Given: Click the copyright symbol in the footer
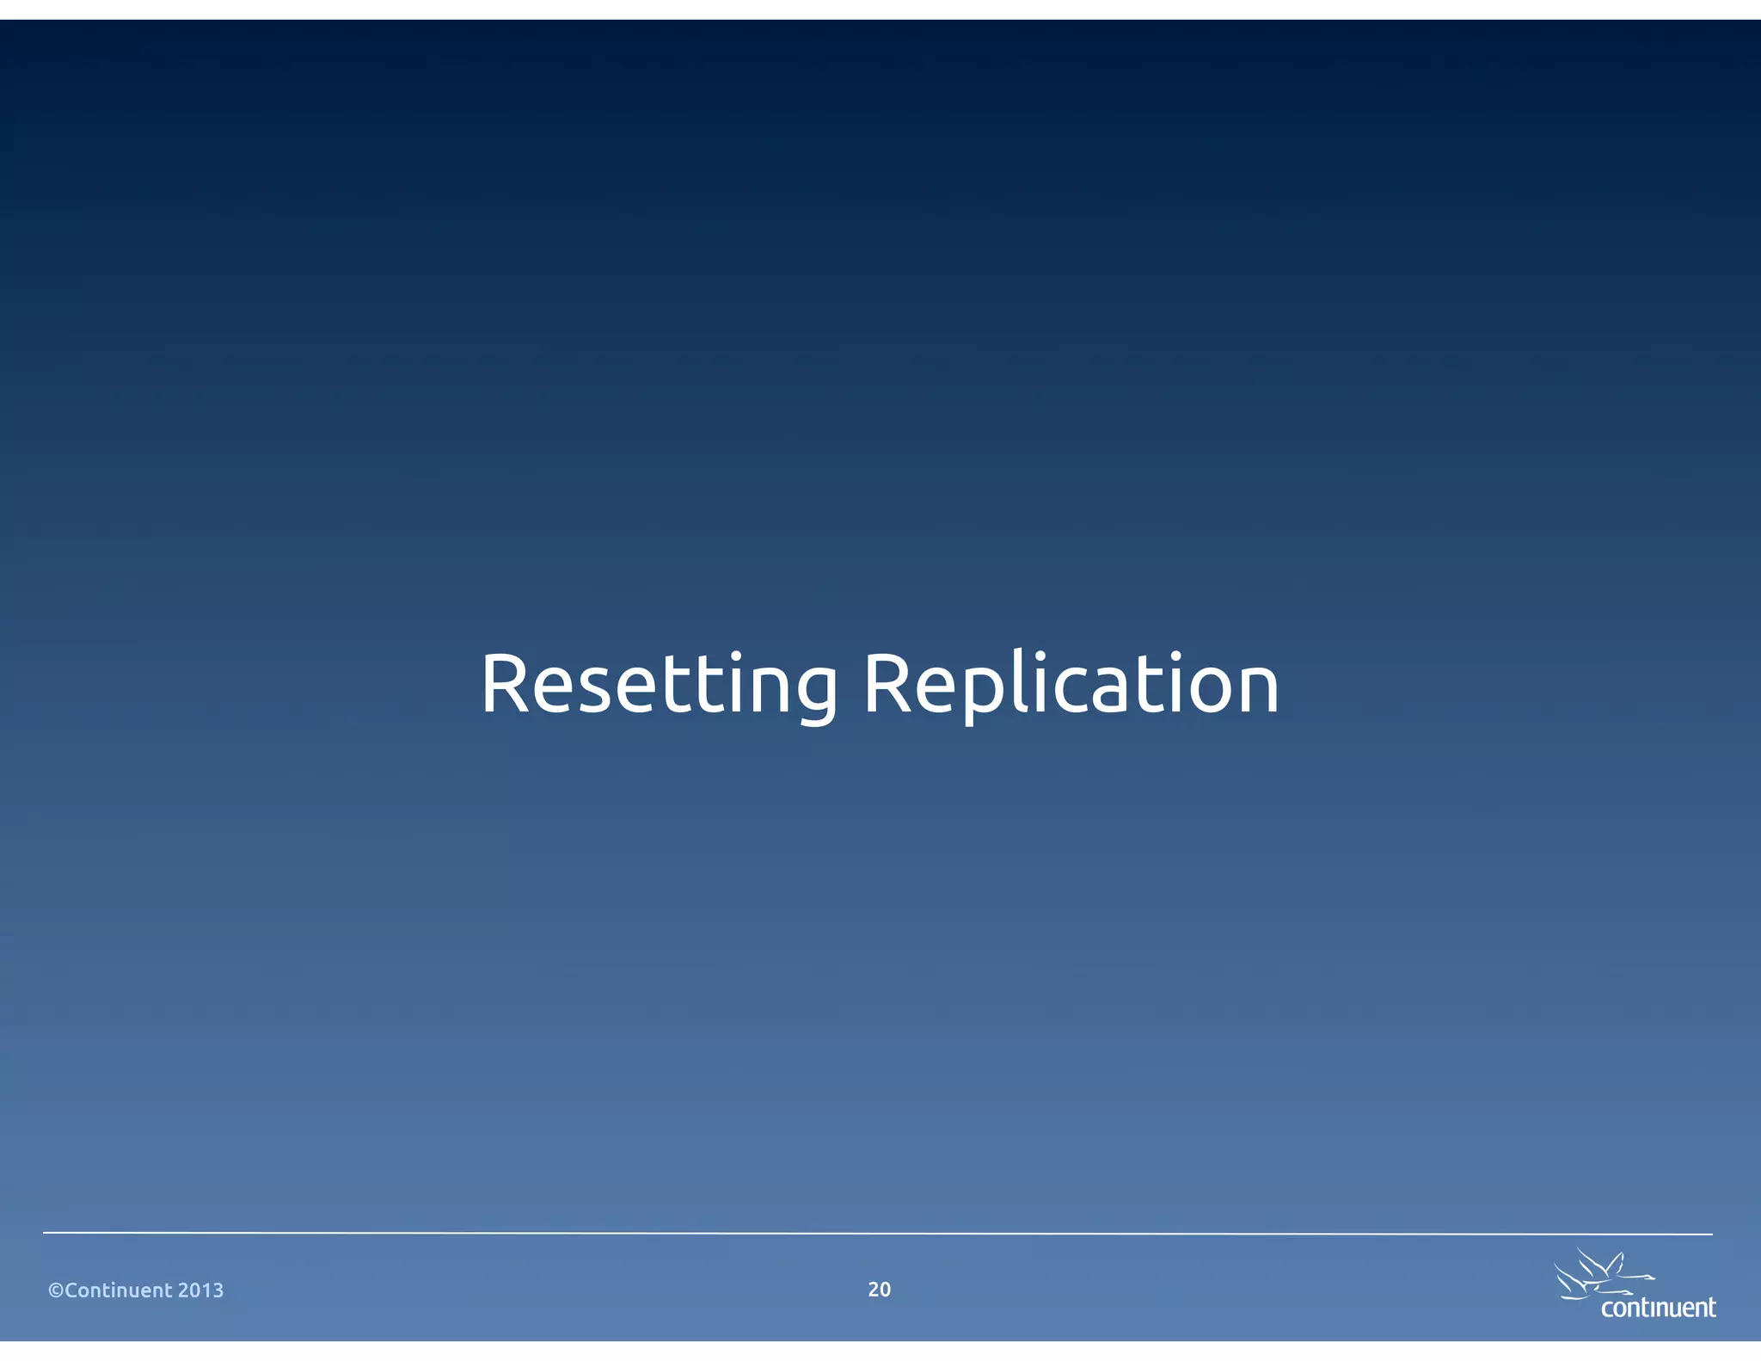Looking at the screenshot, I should [x=56, y=1290].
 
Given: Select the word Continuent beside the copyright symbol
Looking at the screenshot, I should [x=119, y=1290].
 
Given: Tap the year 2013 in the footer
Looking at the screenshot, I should [x=200, y=1290].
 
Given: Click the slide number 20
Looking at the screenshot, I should [x=879, y=1290].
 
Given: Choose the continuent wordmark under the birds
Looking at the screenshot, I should [x=1658, y=1308].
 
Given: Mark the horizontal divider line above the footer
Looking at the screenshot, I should [x=877, y=1233].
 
